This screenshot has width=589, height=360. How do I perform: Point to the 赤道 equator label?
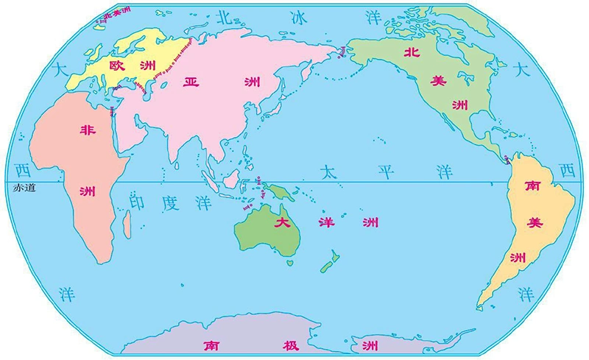(24, 188)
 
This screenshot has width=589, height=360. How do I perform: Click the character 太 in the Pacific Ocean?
(328, 172)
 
